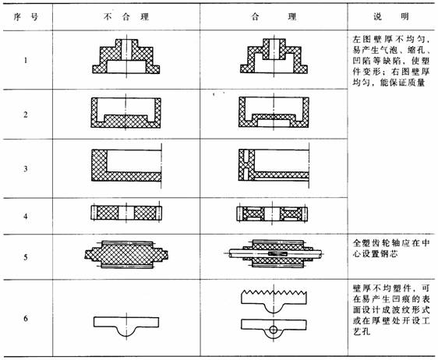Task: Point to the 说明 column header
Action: (388, 16)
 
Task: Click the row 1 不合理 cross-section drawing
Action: (125, 58)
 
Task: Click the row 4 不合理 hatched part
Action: (125, 213)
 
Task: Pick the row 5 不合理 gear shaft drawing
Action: (125, 255)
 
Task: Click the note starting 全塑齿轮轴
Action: (388, 249)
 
